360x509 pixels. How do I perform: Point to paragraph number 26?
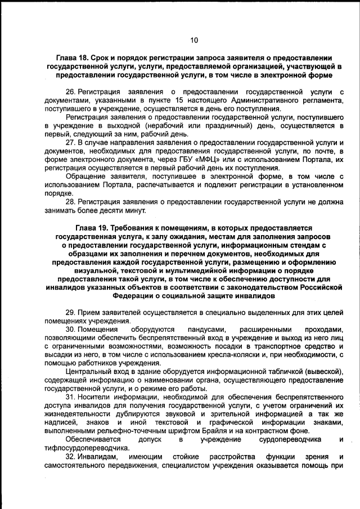point(70,91)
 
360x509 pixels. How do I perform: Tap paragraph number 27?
point(70,143)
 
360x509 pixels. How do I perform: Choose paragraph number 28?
point(70,202)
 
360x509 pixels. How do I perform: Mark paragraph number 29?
point(70,313)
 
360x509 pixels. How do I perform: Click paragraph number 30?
point(70,330)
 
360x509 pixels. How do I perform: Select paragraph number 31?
point(70,397)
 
